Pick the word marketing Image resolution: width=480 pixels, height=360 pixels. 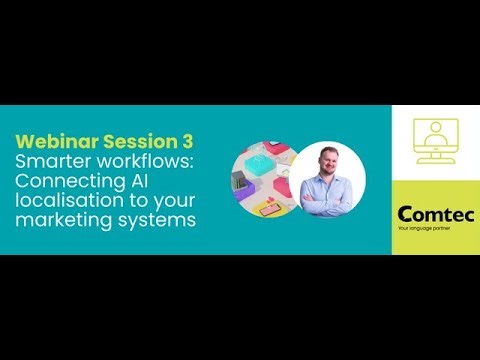coord(59,220)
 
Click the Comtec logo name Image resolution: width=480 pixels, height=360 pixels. coord(436,214)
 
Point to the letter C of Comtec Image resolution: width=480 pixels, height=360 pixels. coord(404,214)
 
